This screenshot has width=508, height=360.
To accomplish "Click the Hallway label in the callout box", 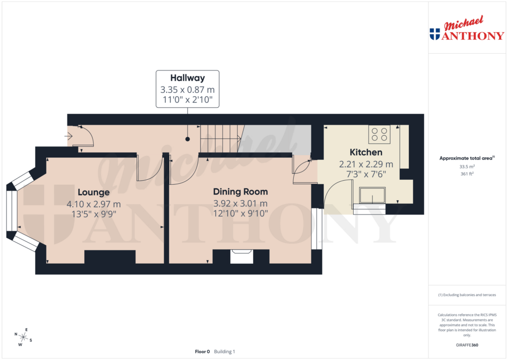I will click(188, 78).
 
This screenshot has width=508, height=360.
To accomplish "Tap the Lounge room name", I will click(93, 192).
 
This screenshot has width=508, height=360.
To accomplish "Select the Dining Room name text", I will click(241, 192).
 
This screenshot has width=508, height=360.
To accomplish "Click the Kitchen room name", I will click(366, 152).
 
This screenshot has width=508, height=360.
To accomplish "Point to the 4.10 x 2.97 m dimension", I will click(93, 204).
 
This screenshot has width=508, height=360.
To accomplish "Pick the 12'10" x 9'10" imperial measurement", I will click(241, 214).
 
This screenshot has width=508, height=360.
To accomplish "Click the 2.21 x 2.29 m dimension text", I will click(366, 164).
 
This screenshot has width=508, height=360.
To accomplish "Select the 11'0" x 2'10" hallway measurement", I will click(188, 100).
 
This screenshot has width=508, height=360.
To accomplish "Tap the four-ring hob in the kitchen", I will click(379, 134).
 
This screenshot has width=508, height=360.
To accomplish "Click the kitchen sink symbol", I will click(372, 196).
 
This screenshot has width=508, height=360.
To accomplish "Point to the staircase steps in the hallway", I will click(221, 139).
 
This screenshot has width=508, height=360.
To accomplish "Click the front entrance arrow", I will click(69, 135).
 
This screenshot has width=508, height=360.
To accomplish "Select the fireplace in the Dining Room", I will click(242, 257).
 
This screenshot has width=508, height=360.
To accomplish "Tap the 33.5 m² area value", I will click(467, 167).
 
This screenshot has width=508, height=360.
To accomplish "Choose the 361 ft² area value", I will click(467, 174).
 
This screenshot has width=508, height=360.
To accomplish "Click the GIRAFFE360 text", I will click(467, 345).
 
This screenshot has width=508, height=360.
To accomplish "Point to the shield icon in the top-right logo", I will click(435, 34).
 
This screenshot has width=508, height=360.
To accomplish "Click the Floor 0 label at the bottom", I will click(202, 352).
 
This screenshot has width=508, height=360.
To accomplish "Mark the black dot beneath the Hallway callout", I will click(188, 140).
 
